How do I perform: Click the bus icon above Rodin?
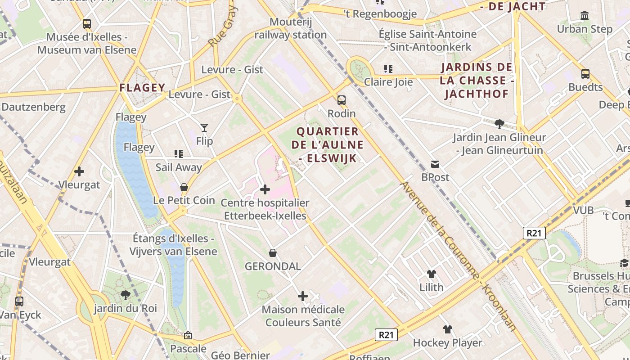[x=342, y=100]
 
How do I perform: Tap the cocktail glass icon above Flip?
[x=204, y=128]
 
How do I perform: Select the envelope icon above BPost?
[x=435, y=164]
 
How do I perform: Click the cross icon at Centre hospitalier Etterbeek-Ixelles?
[x=265, y=189]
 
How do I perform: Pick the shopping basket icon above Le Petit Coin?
[x=184, y=187]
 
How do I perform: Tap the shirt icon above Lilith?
[x=431, y=274]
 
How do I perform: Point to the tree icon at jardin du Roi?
[x=125, y=295]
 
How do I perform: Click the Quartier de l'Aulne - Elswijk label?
[x=328, y=144]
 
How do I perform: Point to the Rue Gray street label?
[x=222, y=27]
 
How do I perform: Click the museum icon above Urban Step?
[x=585, y=16]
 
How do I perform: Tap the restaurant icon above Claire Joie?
[x=388, y=69]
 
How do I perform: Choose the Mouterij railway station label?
[x=291, y=28]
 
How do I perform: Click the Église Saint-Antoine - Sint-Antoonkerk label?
[x=427, y=40]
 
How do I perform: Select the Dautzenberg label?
[x=33, y=107]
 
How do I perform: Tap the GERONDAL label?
[x=273, y=266]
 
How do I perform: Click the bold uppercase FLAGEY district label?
[x=142, y=87]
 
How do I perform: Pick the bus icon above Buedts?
[x=585, y=73]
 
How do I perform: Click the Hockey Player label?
[x=447, y=343]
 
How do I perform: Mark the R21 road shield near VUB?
[x=534, y=233]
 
